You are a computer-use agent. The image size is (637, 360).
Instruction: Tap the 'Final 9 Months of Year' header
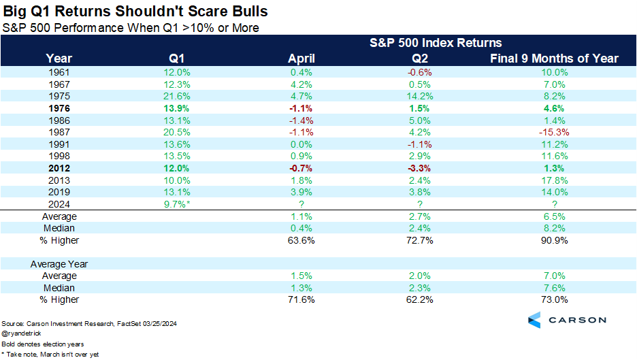click(554, 59)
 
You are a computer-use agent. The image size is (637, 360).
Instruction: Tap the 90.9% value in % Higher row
click(554, 240)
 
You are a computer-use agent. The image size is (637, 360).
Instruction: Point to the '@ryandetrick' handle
click(21, 335)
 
